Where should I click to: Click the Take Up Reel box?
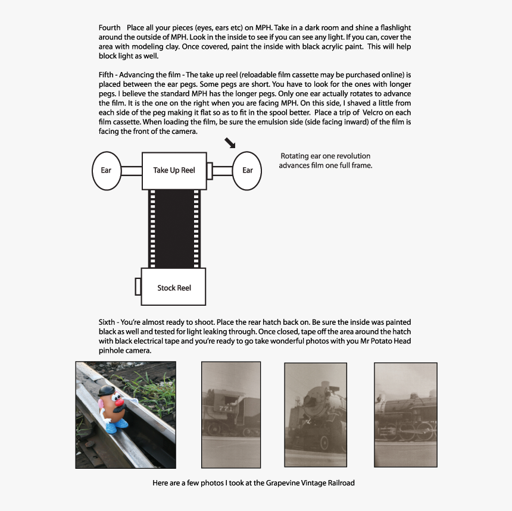(x=174, y=171)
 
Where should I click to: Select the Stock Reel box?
(x=174, y=288)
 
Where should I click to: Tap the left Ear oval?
(x=106, y=170)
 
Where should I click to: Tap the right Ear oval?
(x=248, y=170)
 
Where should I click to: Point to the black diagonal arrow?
(x=230, y=143)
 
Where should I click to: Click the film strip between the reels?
(x=174, y=228)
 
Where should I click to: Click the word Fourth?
(x=110, y=28)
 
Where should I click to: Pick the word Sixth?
(x=108, y=322)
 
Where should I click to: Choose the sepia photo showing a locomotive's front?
(x=316, y=415)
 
